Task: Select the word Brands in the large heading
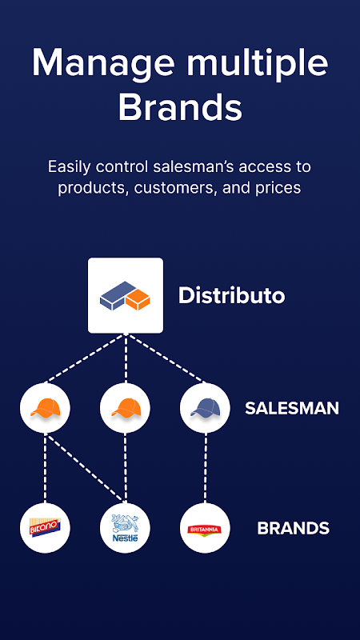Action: [x=180, y=106]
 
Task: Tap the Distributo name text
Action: [x=231, y=295]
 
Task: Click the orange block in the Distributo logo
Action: [x=138, y=299]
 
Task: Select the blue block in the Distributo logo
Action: [x=118, y=294]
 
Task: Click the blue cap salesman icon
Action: [x=205, y=408]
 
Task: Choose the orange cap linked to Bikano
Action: [x=45, y=408]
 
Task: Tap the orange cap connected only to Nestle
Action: [x=125, y=408]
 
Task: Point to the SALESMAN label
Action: [x=292, y=408]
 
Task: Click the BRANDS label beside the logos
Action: [x=293, y=528]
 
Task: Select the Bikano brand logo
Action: [x=45, y=528]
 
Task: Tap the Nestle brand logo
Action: [x=125, y=528]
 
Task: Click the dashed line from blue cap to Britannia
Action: [x=206, y=468]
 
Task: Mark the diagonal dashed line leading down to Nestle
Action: [x=84, y=468]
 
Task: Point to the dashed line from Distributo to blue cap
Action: [x=166, y=358]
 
